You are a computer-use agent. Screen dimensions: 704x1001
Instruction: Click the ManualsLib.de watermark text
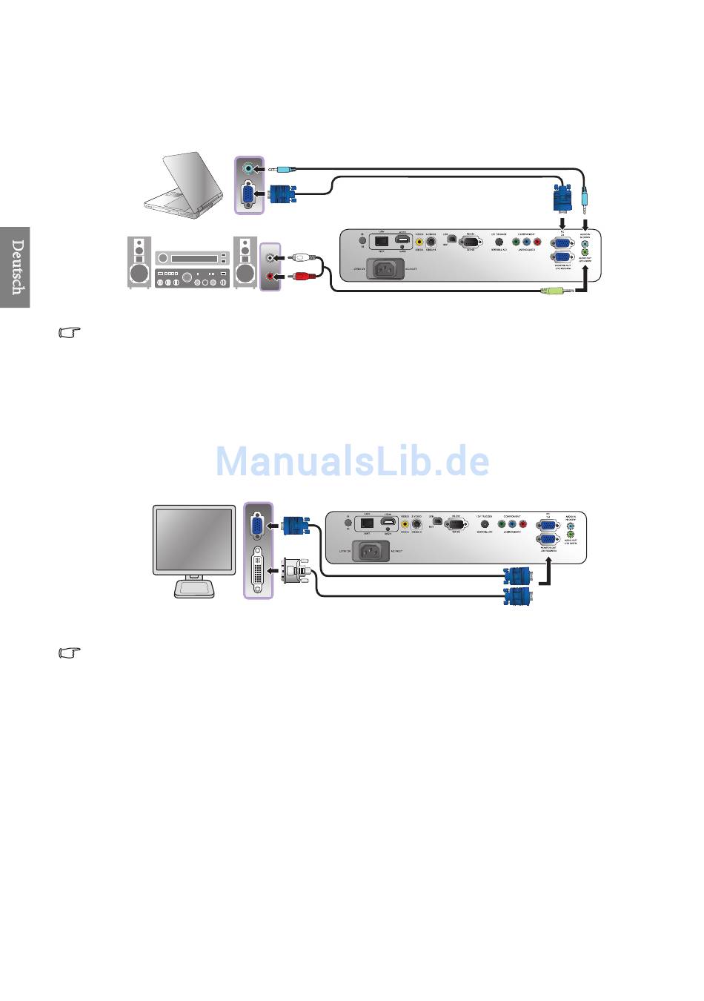pos(353,461)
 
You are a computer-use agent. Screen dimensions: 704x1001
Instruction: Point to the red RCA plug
pos(302,277)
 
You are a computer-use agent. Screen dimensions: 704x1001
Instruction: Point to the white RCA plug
pos(302,257)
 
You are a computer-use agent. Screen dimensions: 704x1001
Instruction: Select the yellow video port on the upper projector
pos(419,240)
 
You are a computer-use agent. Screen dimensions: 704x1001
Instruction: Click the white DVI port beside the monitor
pos(257,569)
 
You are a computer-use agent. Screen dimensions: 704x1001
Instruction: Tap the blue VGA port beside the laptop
pos(248,194)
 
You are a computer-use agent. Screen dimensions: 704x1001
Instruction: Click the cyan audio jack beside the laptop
pos(248,168)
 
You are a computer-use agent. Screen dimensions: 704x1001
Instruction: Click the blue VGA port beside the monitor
pos(256,526)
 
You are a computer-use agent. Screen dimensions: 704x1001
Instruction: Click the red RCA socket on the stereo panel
pos(272,277)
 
